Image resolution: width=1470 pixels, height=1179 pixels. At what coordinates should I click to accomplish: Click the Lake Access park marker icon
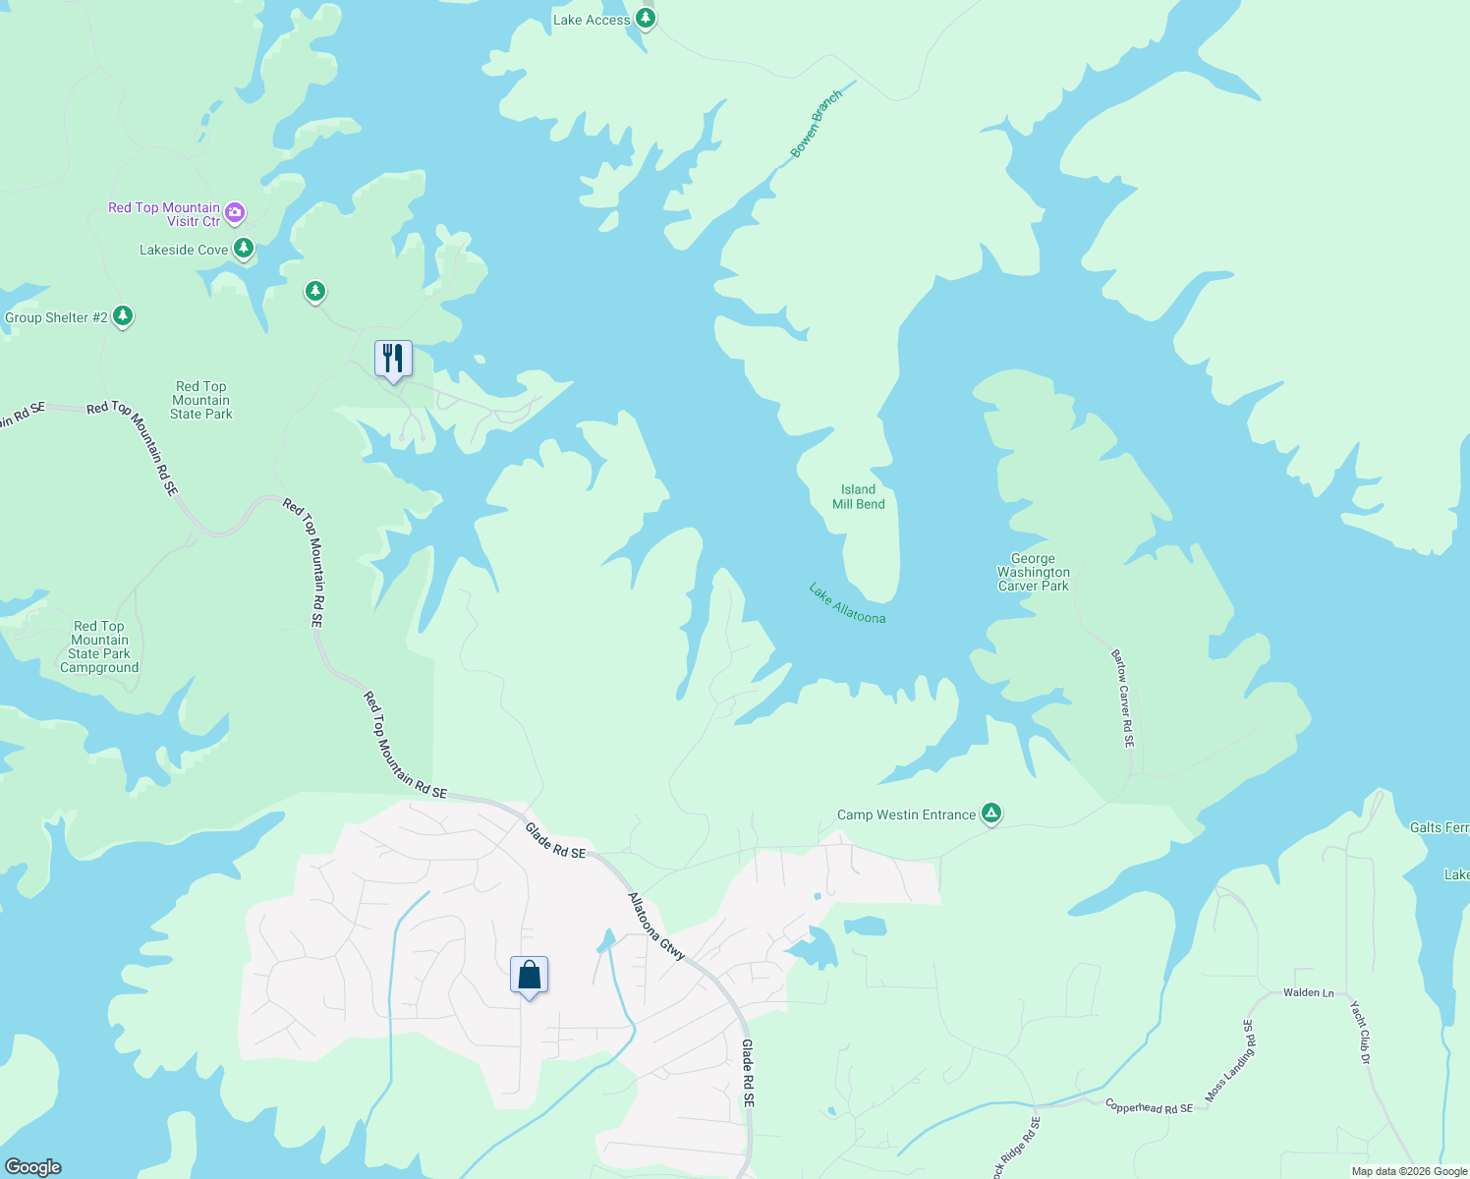click(x=645, y=18)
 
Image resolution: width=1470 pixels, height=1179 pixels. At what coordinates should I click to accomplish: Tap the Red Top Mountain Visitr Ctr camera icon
click(x=234, y=211)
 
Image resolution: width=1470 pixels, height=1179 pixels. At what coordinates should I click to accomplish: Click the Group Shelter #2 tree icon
click(x=122, y=315)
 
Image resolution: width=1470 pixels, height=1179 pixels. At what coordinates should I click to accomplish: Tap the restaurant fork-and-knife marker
click(x=393, y=359)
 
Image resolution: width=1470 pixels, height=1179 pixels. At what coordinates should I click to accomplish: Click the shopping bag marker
click(x=529, y=976)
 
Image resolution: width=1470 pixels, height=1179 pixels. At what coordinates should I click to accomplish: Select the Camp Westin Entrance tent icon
click(x=991, y=813)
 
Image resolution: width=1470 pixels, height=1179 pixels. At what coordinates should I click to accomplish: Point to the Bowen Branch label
click(x=817, y=124)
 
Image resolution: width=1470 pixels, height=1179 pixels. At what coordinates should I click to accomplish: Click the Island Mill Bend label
click(x=858, y=497)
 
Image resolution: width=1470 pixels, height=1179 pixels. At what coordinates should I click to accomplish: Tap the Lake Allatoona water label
click(x=847, y=603)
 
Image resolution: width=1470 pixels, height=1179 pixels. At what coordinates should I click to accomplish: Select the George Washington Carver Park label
click(x=1033, y=572)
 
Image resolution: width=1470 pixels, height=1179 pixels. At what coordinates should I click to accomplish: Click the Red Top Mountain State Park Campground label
click(x=99, y=646)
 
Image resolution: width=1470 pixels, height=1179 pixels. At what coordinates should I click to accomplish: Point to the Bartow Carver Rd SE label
click(x=1123, y=699)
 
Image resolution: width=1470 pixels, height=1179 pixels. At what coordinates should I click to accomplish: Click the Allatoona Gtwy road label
click(x=656, y=926)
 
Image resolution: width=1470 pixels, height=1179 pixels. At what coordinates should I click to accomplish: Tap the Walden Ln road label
click(x=1308, y=992)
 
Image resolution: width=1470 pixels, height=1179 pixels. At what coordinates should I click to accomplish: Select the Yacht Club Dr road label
click(x=1359, y=1033)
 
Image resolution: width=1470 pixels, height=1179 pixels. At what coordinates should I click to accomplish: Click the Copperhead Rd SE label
click(x=1149, y=1107)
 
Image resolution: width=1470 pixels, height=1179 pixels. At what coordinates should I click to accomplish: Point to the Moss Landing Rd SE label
click(x=1229, y=1061)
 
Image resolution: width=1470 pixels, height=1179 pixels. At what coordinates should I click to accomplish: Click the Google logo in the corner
click(x=33, y=1167)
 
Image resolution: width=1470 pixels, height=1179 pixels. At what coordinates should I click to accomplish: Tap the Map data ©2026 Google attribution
click(x=1409, y=1171)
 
